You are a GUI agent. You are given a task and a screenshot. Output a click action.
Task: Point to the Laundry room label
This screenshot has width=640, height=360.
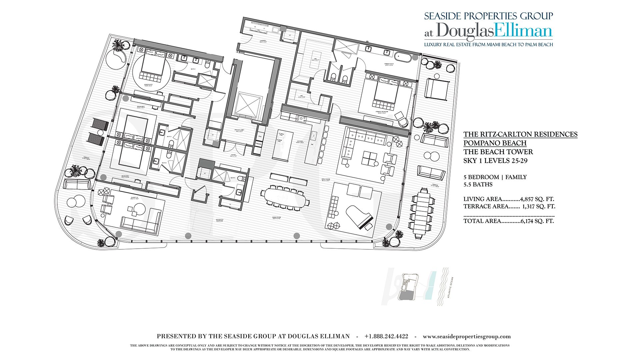(263, 41)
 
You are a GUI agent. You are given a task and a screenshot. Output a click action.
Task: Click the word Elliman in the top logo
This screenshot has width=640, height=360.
(523, 31)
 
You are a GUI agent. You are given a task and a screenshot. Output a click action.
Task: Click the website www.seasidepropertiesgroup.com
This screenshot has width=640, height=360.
(467, 337)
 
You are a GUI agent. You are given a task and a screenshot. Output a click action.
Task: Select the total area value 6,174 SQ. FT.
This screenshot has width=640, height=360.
(537, 221)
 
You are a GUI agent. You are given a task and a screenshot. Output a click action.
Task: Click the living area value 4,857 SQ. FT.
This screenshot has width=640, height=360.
(537, 199)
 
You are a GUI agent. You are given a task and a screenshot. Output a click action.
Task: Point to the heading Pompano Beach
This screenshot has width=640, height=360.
(495, 143)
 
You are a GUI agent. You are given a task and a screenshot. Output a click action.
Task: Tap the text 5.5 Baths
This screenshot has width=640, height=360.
(478, 184)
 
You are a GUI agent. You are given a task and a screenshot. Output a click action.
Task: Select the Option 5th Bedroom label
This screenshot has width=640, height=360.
(219, 220)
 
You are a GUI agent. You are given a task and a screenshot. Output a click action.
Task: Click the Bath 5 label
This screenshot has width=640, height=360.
(233, 178)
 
